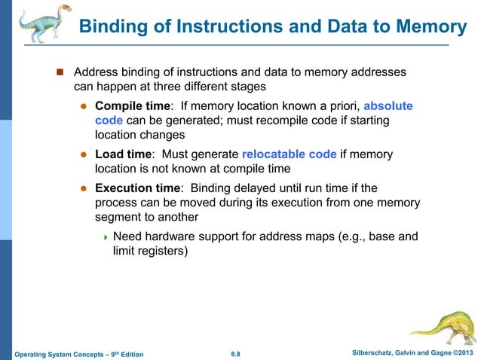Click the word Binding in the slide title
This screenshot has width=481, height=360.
click(x=113, y=27)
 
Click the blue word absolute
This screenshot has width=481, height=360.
click(x=388, y=105)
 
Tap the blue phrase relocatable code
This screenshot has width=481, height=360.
click(x=290, y=154)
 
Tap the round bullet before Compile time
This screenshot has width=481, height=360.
click(x=85, y=106)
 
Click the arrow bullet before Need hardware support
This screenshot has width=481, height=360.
click(x=106, y=237)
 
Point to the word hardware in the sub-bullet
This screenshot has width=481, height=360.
click(x=176, y=236)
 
